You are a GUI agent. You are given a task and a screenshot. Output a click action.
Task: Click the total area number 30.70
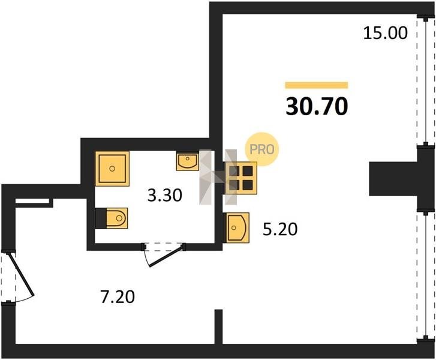pyautogui.click(x=317, y=106)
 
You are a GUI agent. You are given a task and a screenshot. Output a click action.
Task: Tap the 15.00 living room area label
pyautogui.click(x=386, y=33)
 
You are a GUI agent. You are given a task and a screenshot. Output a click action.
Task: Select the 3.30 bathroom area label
pyautogui.click(x=164, y=195)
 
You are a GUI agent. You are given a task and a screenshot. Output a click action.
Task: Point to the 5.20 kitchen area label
pyautogui.click(x=280, y=230)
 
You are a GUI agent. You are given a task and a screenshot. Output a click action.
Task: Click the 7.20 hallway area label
pyautogui.click(x=118, y=296)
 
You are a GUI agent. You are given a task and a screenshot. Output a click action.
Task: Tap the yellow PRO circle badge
pyautogui.click(x=261, y=149)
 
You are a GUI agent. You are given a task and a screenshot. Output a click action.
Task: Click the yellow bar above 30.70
pyautogui.click(x=317, y=85)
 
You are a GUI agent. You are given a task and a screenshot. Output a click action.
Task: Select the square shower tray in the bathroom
pyautogui.click(x=112, y=169)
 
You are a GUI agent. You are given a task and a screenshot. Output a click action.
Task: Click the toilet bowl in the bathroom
pyautogui.click(x=117, y=218)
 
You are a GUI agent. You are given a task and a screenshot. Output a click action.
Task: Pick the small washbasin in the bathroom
pyautogui.click(x=187, y=161)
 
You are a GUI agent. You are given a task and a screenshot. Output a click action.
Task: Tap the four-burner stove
pyautogui.click(x=241, y=178)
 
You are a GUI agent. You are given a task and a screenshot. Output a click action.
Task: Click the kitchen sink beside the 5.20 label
pyautogui.click(x=236, y=228)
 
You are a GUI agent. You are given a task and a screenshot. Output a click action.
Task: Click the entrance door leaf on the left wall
pyautogui.click(x=22, y=274)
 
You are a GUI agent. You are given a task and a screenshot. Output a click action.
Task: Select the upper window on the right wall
pyautogui.click(x=426, y=80)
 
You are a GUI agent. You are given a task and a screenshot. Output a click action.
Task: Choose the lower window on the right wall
pyautogui.click(x=426, y=275)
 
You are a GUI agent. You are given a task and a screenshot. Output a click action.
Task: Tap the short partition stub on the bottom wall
pyautogui.click(x=219, y=327)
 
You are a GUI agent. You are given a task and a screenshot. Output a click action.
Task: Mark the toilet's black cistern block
pyautogui.click(x=101, y=218)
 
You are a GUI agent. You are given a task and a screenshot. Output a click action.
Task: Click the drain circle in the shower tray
pyautogui.click(x=112, y=169)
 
